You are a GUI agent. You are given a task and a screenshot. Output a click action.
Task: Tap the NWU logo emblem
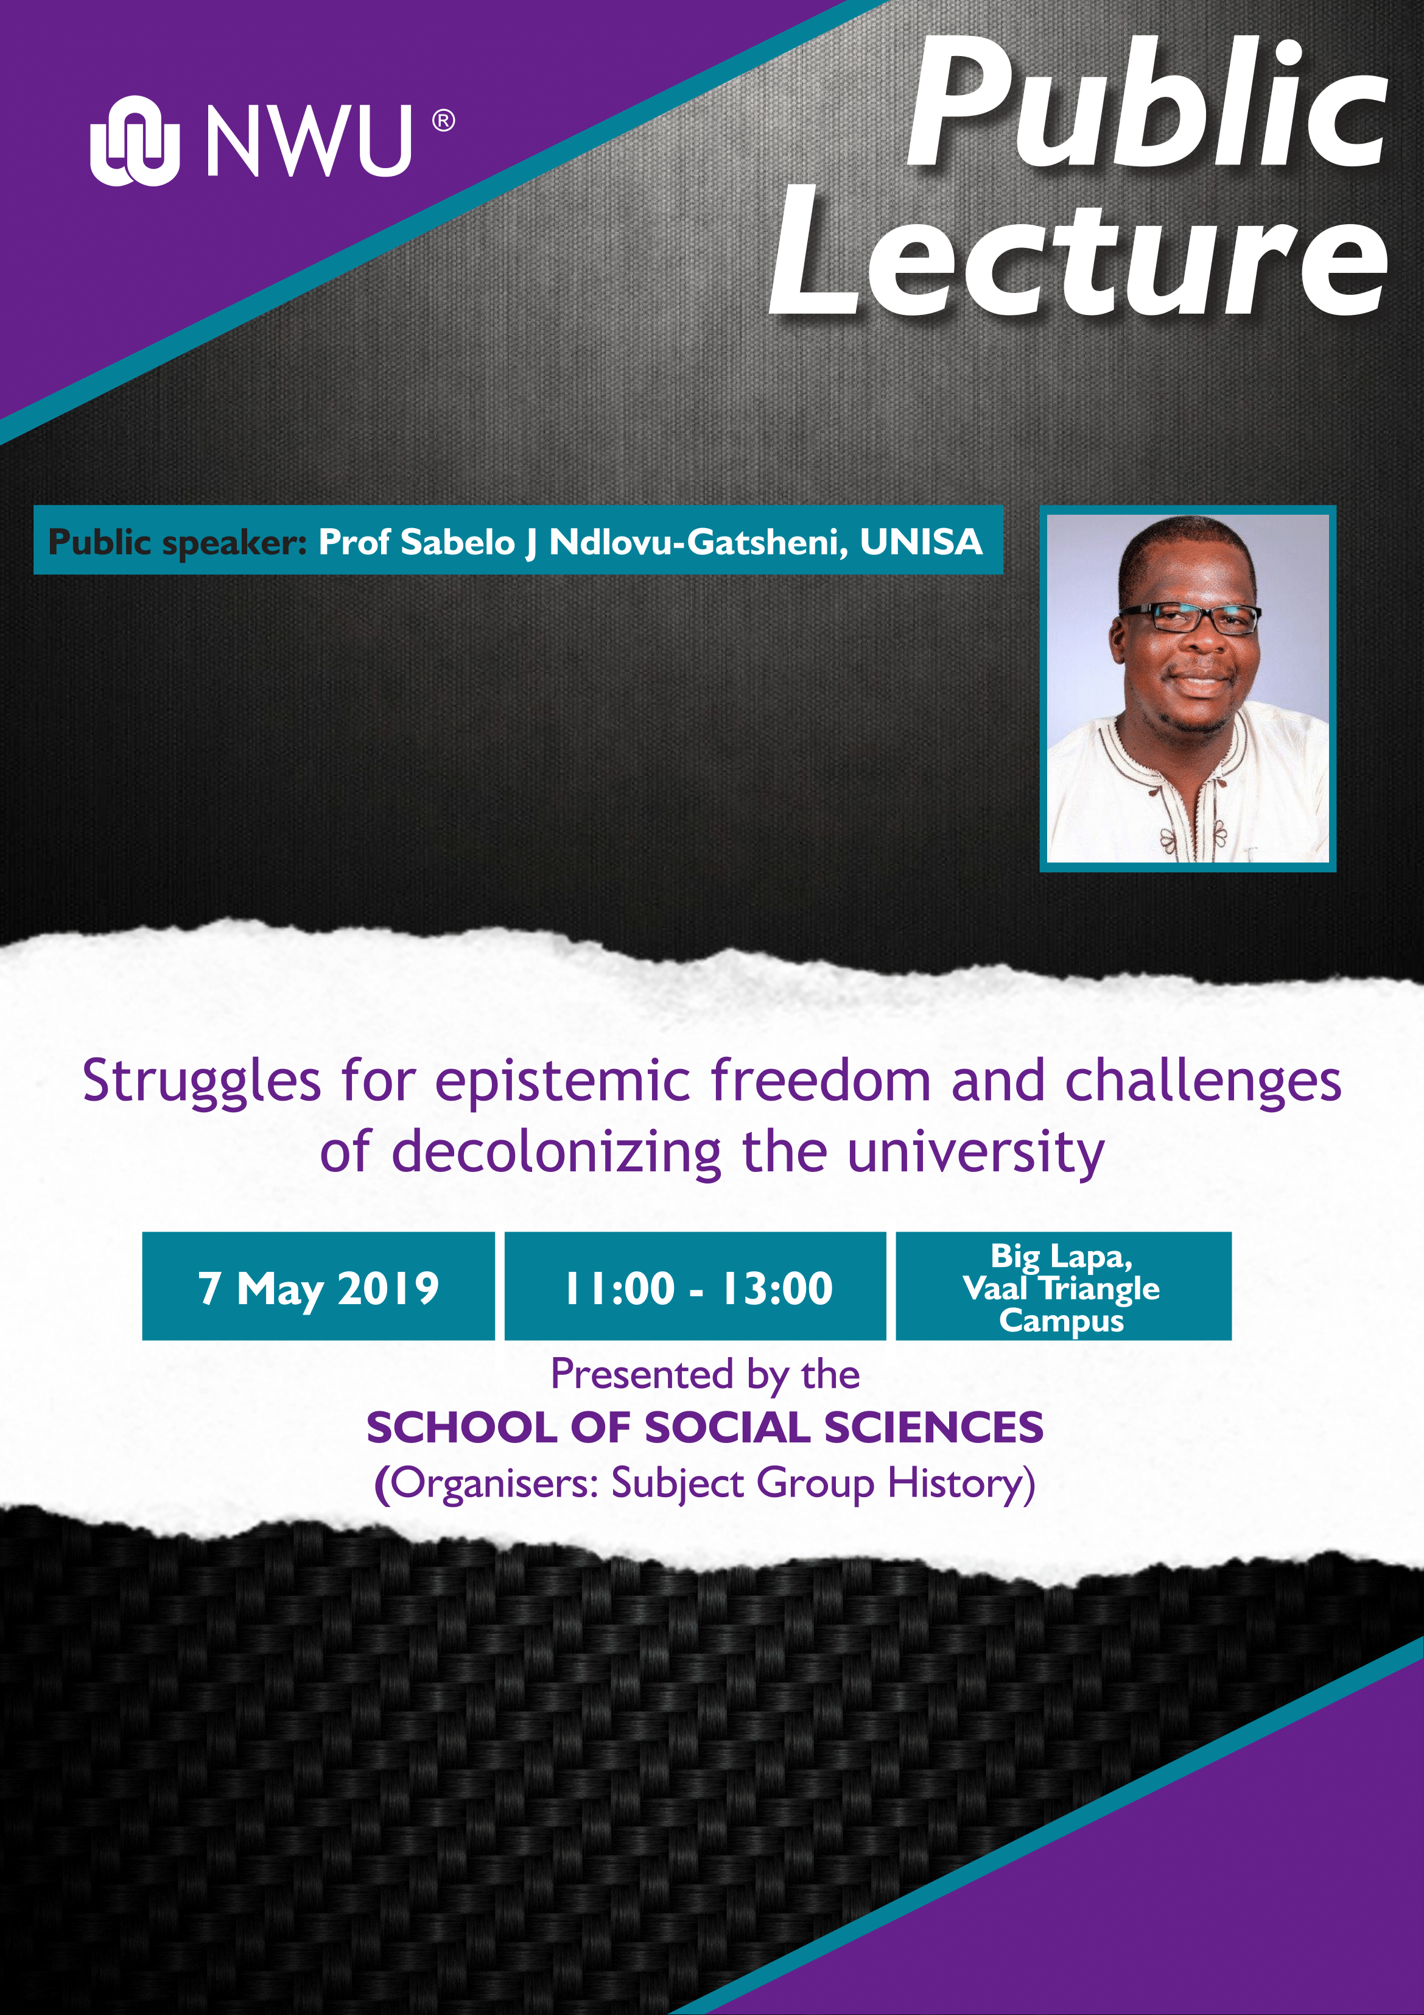click(134, 141)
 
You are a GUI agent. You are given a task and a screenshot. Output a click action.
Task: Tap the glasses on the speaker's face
click(1191, 618)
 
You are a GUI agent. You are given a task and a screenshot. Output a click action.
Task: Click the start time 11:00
click(619, 1288)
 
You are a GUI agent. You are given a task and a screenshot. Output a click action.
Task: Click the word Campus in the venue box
click(1062, 1321)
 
